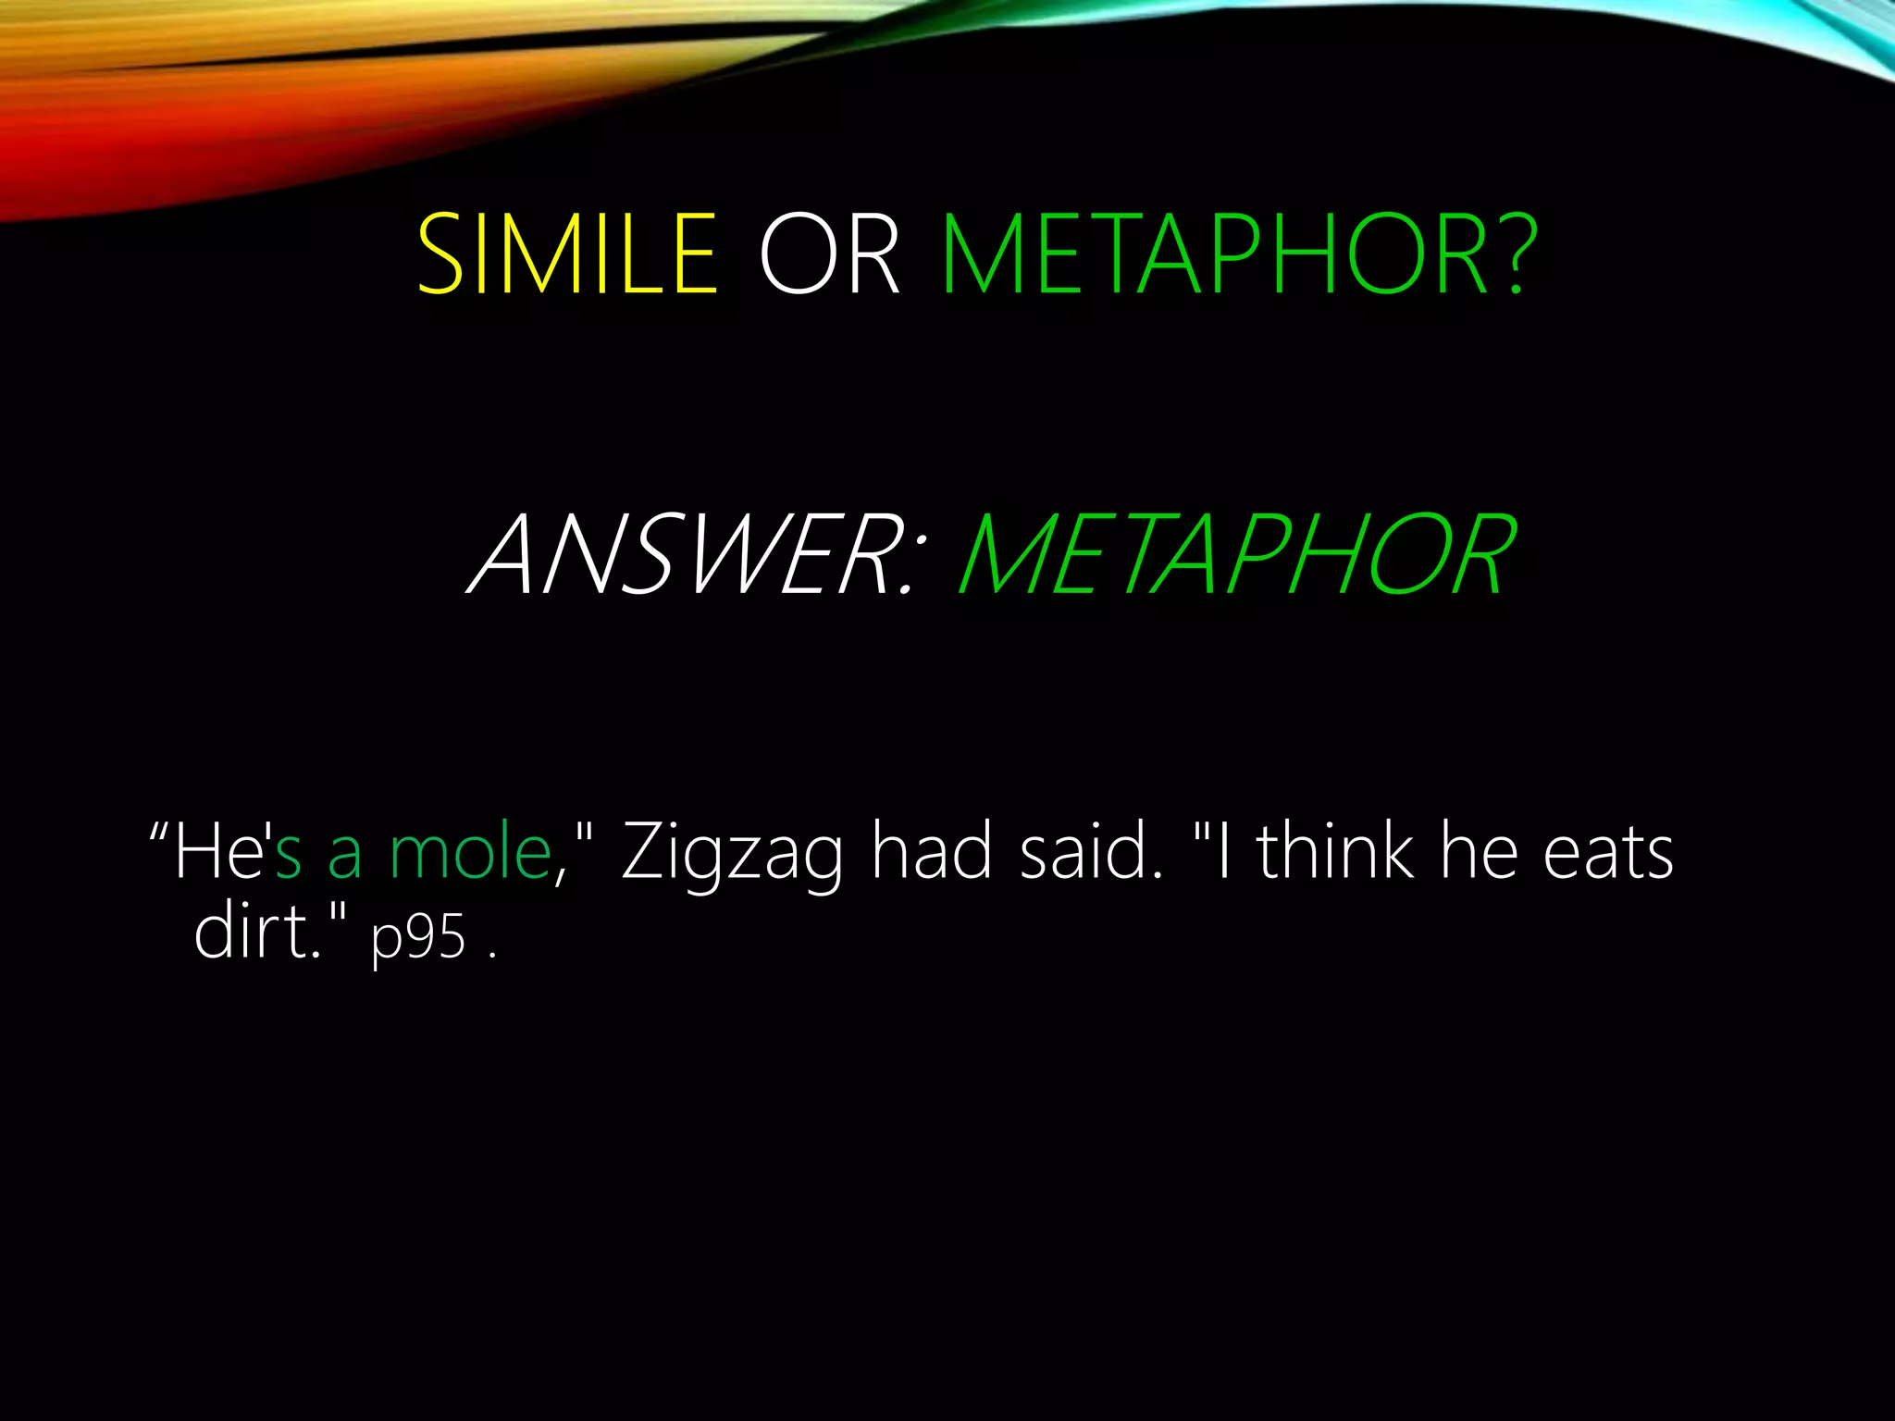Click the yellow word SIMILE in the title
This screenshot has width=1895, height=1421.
566,254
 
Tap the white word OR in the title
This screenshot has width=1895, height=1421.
828,254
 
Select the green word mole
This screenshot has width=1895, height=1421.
470,851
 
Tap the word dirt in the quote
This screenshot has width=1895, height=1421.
255,931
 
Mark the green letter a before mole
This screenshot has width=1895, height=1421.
344,857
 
